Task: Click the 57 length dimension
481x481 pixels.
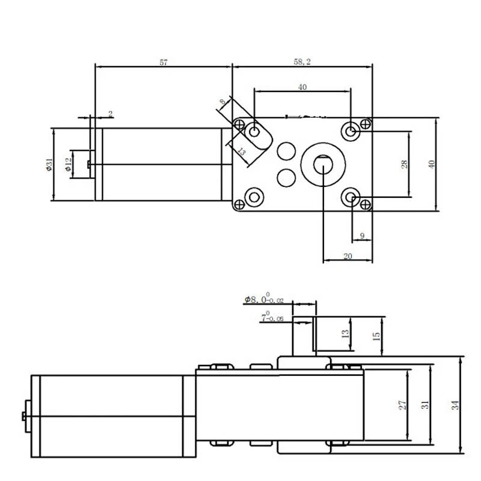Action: pyautogui.click(x=164, y=62)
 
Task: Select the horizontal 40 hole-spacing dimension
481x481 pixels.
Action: pyautogui.click(x=302, y=87)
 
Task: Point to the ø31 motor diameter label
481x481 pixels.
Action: pyautogui.click(x=49, y=164)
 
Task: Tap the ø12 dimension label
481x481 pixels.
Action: pyautogui.click(x=68, y=165)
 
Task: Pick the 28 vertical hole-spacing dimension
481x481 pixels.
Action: pyautogui.click(x=405, y=164)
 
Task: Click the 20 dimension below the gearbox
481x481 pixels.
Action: pyautogui.click(x=347, y=256)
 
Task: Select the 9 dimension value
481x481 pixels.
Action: pyautogui.click(x=361, y=236)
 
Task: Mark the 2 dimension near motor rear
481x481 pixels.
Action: pyautogui.click(x=110, y=113)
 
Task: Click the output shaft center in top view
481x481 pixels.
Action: pyautogui.click(x=323, y=164)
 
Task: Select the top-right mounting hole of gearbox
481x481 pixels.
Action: pyautogui.click(x=351, y=130)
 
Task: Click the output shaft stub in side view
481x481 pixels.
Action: pyautogui.click(x=302, y=340)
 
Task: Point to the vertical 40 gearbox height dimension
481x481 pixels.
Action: pyautogui.click(x=431, y=164)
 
